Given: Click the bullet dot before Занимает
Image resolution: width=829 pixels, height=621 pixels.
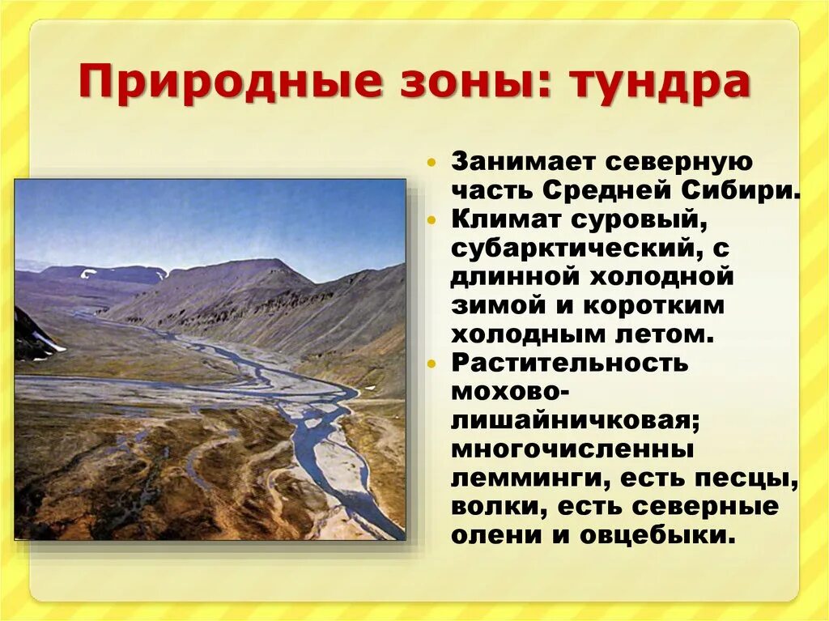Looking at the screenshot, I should [435, 162].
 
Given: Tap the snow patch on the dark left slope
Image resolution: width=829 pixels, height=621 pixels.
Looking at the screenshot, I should [49, 342].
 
